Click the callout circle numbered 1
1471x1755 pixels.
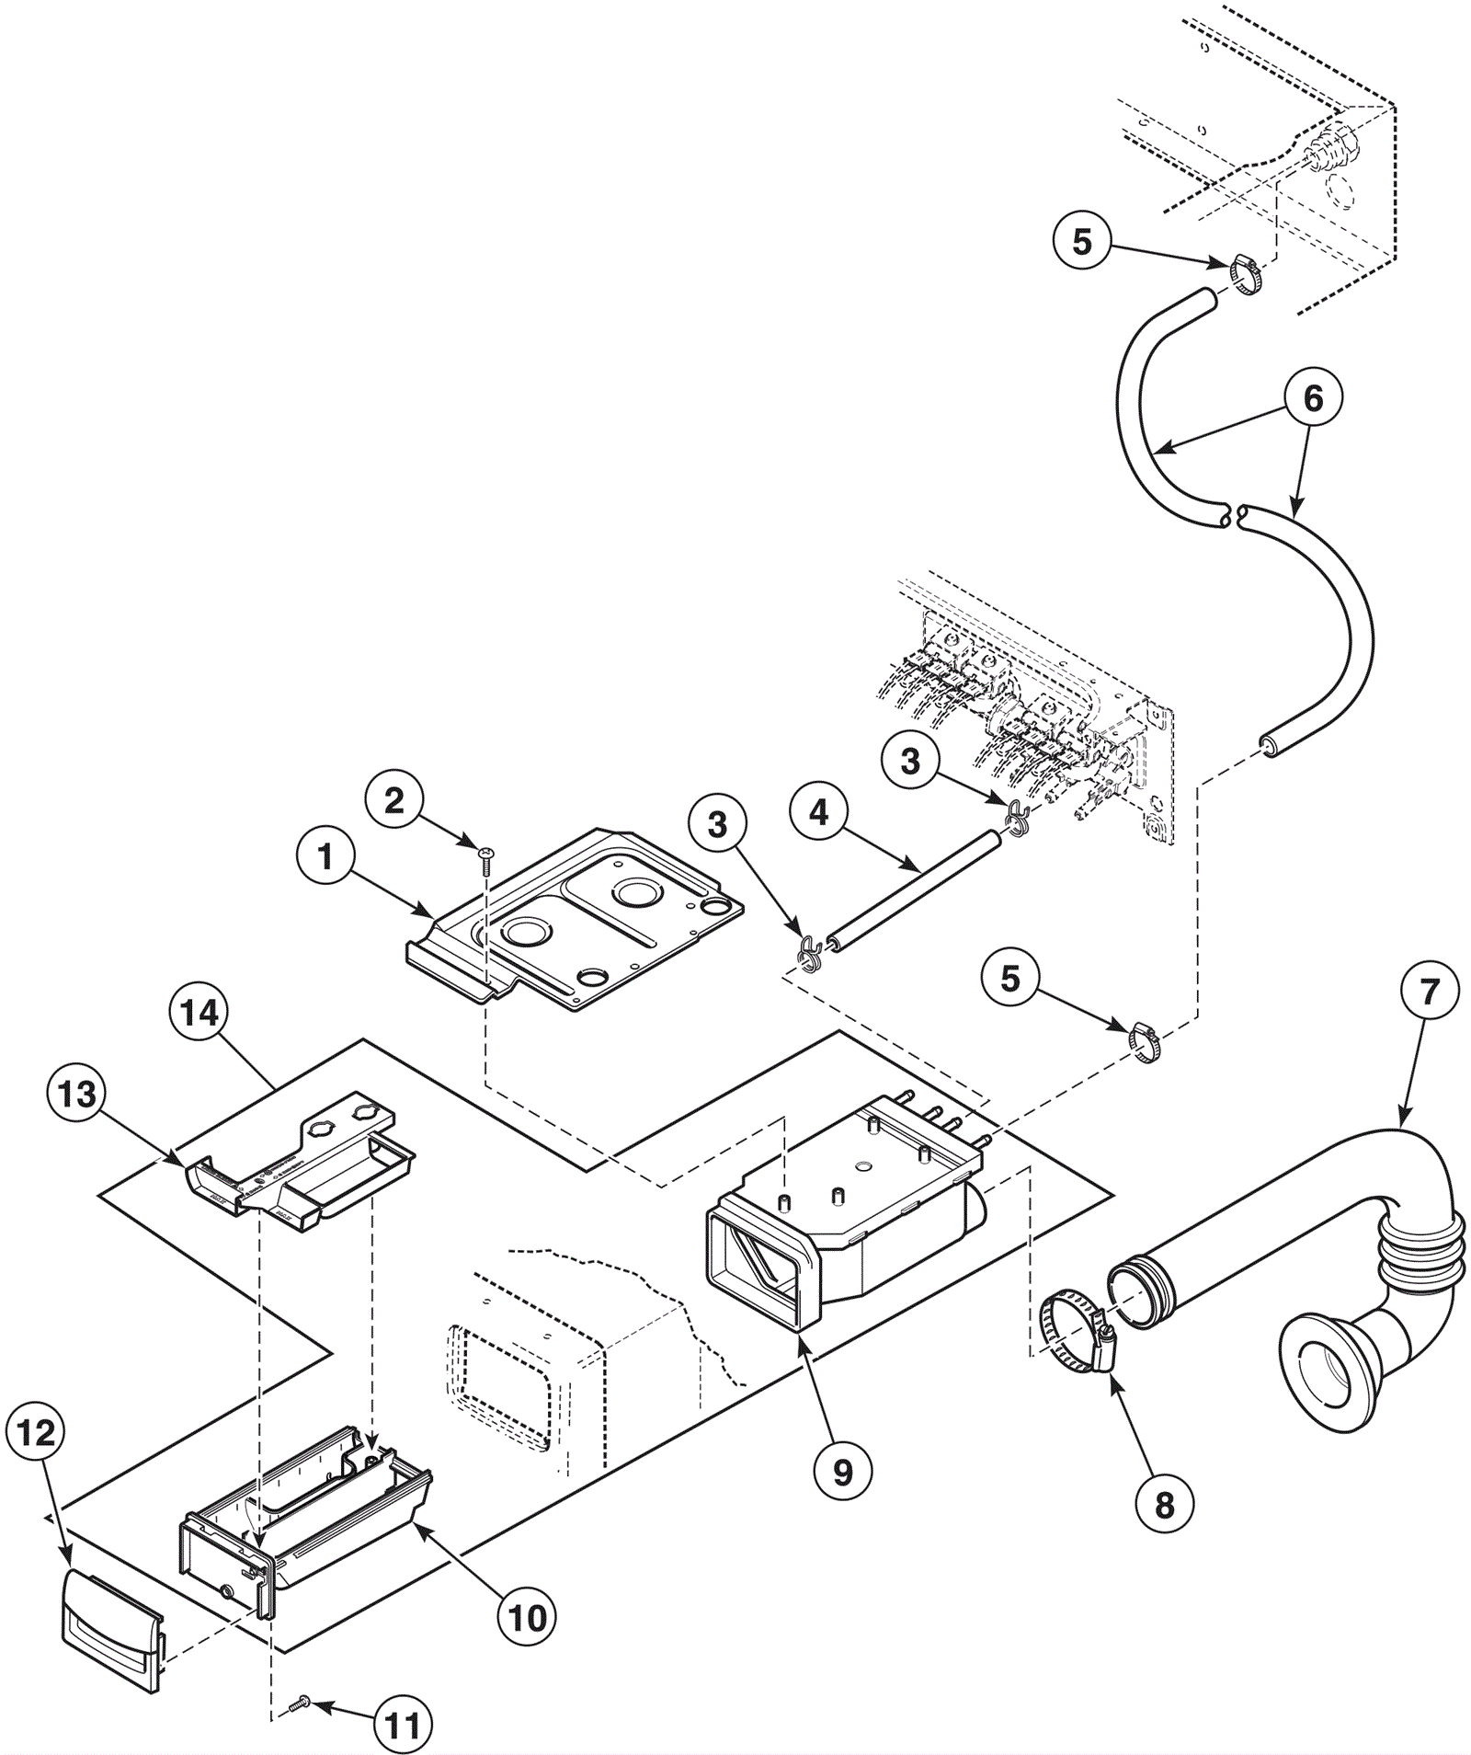pyautogui.click(x=325, y=858)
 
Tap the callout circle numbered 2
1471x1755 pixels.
pyautogui.click(x=393, y=800)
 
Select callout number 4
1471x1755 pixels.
pyautogui.click(x=818, y=812)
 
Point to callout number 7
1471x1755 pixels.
pyautogui.click(x=1429, y=991)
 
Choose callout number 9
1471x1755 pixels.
pyautogui.click(x=842, y=1472)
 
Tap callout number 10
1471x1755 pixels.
pyautogui.click(x=527, y=1617)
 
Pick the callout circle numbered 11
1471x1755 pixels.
pyautogui.click(x=403, y=1726)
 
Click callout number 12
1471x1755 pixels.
pyautogui.click(x=36, y=1432)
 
